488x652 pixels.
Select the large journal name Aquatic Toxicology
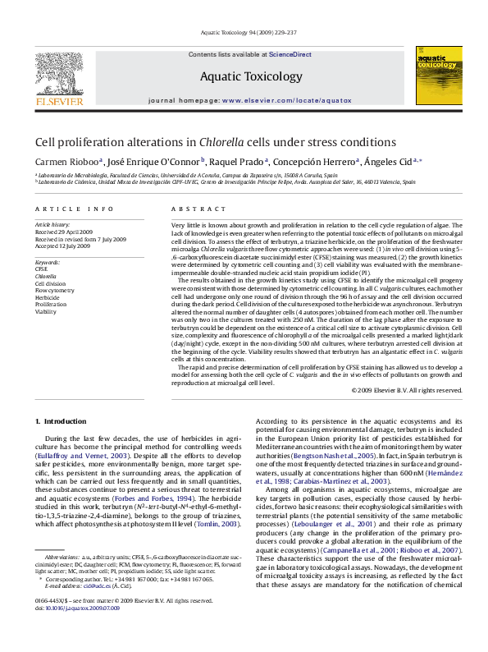(x=244, y=77)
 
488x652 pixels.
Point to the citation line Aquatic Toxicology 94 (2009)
(x=244, y=33)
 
